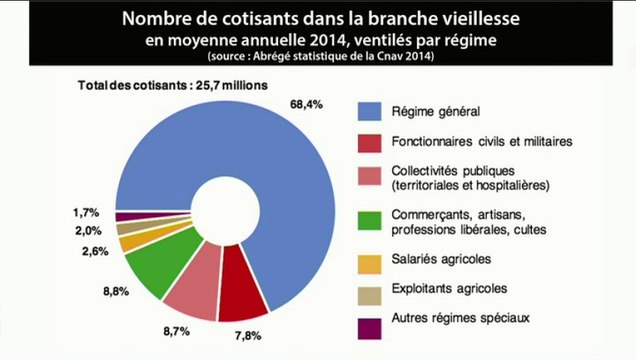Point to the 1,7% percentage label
[x=86, y=212]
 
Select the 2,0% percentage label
[x=86, y=231]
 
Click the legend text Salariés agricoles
[x=441, y=259]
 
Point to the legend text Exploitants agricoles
[x=449, y=289]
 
